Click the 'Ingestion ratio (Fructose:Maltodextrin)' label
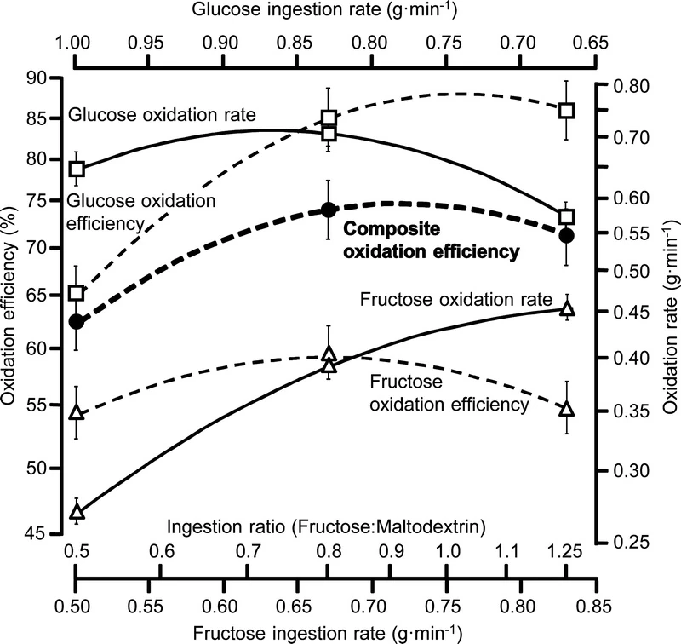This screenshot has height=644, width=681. pyautogui.click(x=327, y=526)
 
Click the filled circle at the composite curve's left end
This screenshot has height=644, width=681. pyautogui.click(x=76, y=321)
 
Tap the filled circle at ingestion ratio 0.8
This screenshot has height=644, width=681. pyautogui.click(x=329, y=210)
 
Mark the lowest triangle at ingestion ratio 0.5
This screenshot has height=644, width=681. pyautogui.click(x=76, y=512)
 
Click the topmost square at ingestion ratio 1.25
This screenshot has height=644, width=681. pyautogui.click(x=567, y=111)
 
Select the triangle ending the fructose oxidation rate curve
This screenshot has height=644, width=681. pyautogui.click(x=567, y=309)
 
